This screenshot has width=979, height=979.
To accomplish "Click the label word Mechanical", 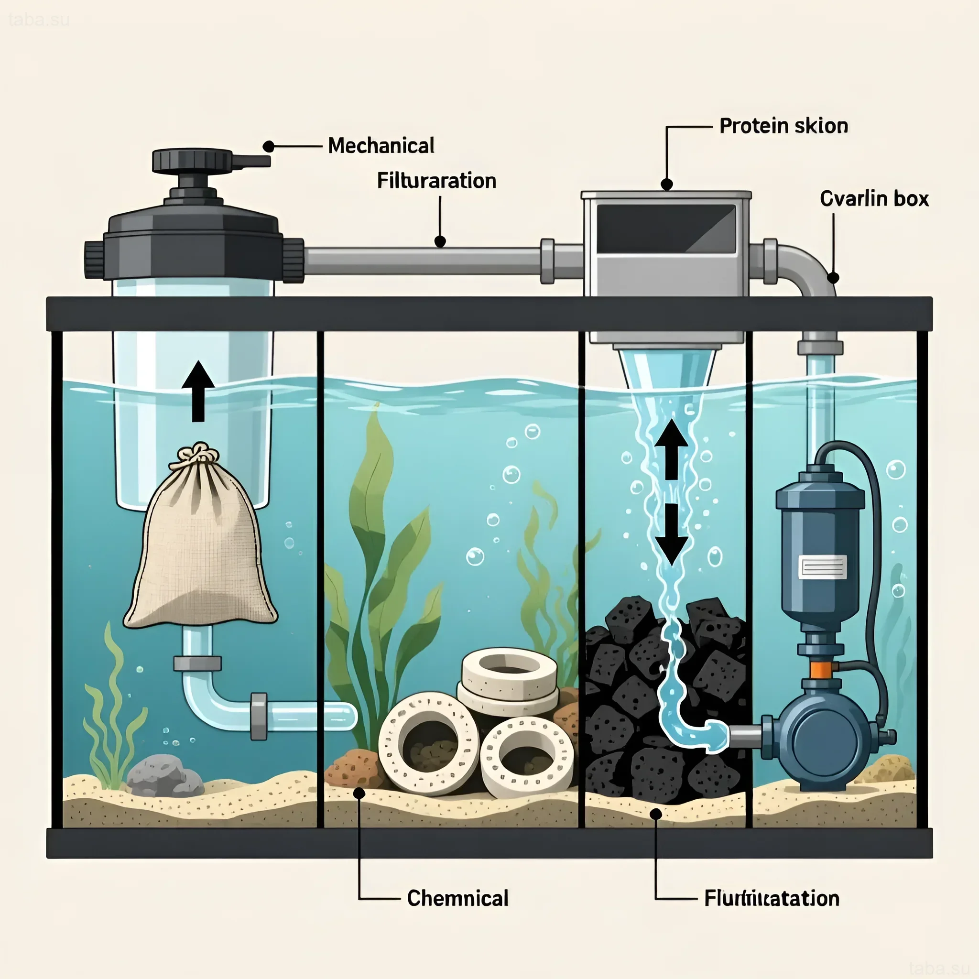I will coord(381,146).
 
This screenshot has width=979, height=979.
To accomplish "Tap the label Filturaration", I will coord(436,181).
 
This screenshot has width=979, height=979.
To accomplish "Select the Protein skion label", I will coord(783,126).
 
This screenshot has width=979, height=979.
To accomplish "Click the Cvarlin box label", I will coord(874,199).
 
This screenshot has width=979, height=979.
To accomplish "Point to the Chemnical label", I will coord(457,898).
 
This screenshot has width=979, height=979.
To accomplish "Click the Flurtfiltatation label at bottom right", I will coord(771,898).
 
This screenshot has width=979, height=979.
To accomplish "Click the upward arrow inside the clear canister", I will coord(198,391).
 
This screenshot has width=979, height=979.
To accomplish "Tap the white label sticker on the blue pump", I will coord(822,566).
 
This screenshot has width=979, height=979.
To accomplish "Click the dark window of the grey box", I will coord(666,228).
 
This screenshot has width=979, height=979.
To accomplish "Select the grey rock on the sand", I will coord(163,775).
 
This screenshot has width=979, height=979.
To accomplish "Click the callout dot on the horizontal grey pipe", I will coord(440,242).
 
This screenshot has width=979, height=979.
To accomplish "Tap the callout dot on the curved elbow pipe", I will coord(833,277).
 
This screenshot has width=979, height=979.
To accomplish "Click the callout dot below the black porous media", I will coord(656,814).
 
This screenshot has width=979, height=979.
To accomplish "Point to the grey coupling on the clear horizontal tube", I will coord(259,717).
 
